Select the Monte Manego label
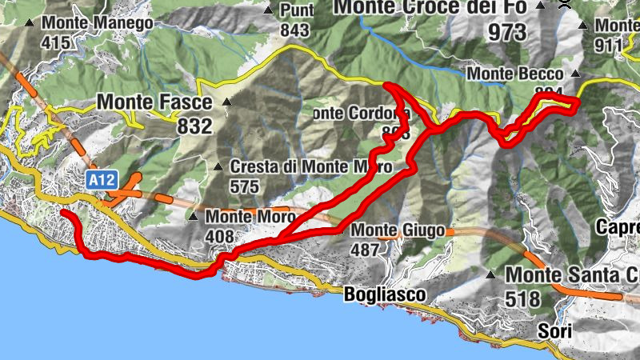100,23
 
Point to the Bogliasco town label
385,294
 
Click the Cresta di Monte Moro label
310,167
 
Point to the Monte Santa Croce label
572,274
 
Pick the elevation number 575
244,186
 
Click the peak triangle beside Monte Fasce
226,102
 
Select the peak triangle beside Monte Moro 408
193,216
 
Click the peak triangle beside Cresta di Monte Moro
219,167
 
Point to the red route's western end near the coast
62,213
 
